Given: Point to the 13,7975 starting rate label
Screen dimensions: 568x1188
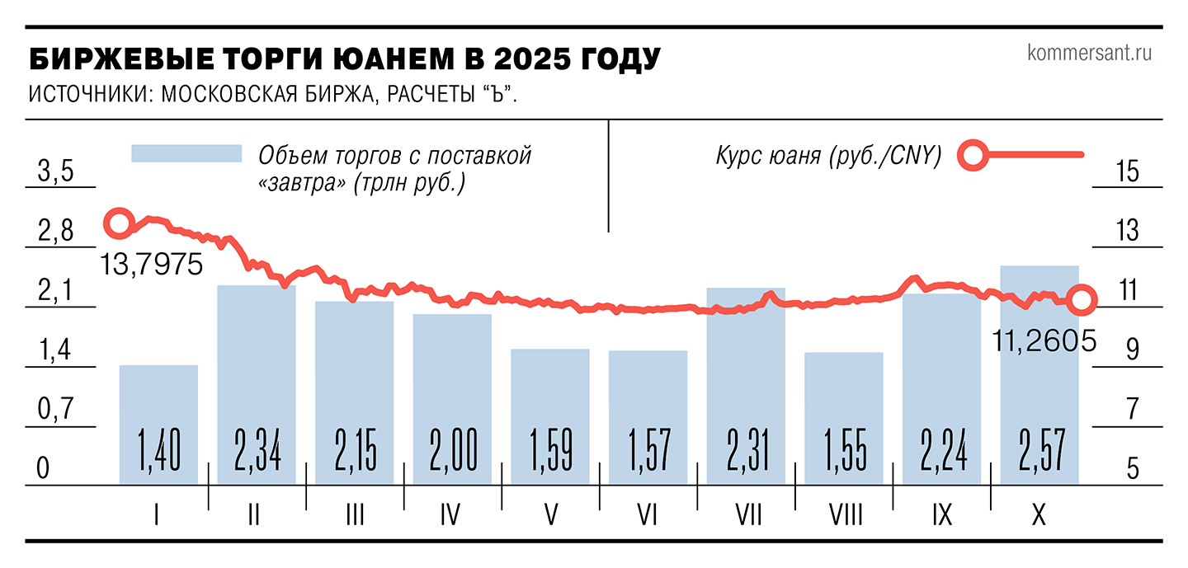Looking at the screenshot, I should tap(152, 265).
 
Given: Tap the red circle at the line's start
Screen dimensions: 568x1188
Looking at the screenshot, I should tap(119, 222).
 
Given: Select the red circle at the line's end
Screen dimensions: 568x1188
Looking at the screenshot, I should tap(1082, 300).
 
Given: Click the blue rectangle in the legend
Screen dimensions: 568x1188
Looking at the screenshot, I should tap(186, 154).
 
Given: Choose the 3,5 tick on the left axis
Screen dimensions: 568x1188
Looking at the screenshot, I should tap(56, 173).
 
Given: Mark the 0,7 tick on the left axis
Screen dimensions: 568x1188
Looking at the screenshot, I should tap(56, 410).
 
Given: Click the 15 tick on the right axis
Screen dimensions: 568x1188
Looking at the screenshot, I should tap(1126, 172).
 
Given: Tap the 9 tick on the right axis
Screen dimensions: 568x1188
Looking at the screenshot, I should tap(1127, 350).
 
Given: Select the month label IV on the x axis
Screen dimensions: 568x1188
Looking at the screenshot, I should tap(450, 515).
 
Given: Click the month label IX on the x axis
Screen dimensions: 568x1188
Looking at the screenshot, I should tap(941, 515).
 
